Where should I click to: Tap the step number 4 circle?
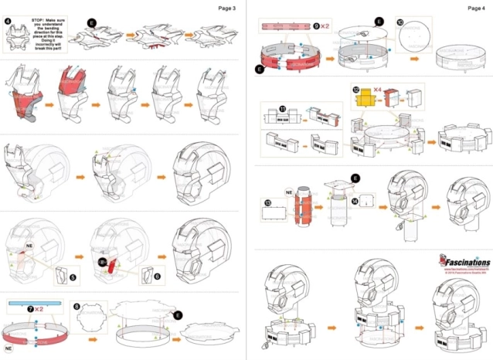(x=8, y=21)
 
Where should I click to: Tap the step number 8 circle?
(x=76, y=307)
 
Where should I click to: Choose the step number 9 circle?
(x=317, y=25)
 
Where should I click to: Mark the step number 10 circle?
(x=399, y=23)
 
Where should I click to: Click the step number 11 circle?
(x=261, y=109)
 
